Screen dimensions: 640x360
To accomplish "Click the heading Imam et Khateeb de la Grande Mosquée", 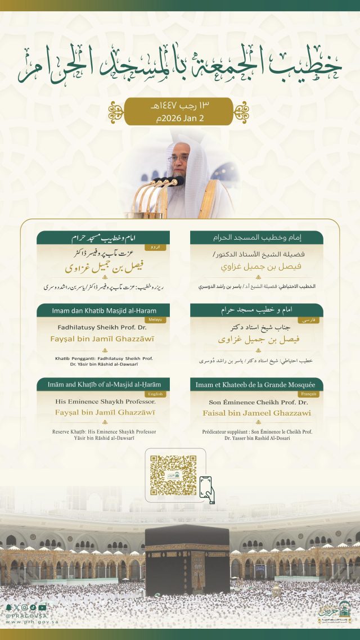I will pos(256,385).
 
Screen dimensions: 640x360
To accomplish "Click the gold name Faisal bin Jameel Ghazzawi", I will pos(256,413).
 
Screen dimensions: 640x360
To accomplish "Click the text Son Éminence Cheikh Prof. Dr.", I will pos(256,403).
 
